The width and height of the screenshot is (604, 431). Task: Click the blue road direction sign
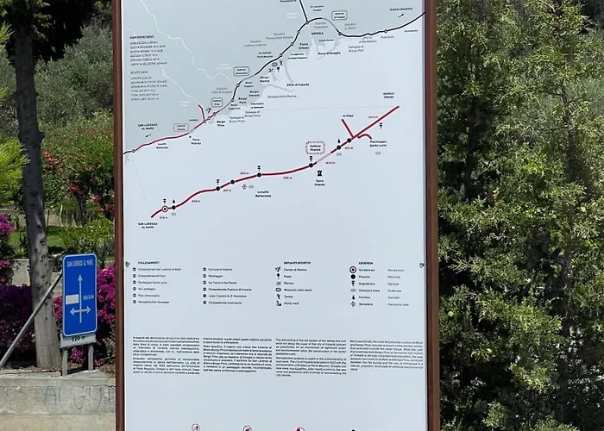pos(79,295)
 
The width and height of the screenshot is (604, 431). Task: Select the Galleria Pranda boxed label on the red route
pos(316,147)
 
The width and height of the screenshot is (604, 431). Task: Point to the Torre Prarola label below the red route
pos(319,182)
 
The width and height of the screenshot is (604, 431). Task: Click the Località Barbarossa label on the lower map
pos(264,194)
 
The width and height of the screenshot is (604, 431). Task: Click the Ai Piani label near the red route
pos(348,115)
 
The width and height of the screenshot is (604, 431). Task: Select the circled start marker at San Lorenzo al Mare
pos(165,209)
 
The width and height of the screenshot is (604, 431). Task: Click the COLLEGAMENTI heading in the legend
pos(148,262)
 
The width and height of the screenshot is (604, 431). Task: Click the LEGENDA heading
pos(366,262)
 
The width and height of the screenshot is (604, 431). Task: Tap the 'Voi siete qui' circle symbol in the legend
pos(353,270)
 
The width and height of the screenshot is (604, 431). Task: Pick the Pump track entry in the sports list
pos(292,303)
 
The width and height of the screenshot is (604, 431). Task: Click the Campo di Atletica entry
pos(299,270)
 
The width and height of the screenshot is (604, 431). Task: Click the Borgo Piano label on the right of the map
pos(388,94)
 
